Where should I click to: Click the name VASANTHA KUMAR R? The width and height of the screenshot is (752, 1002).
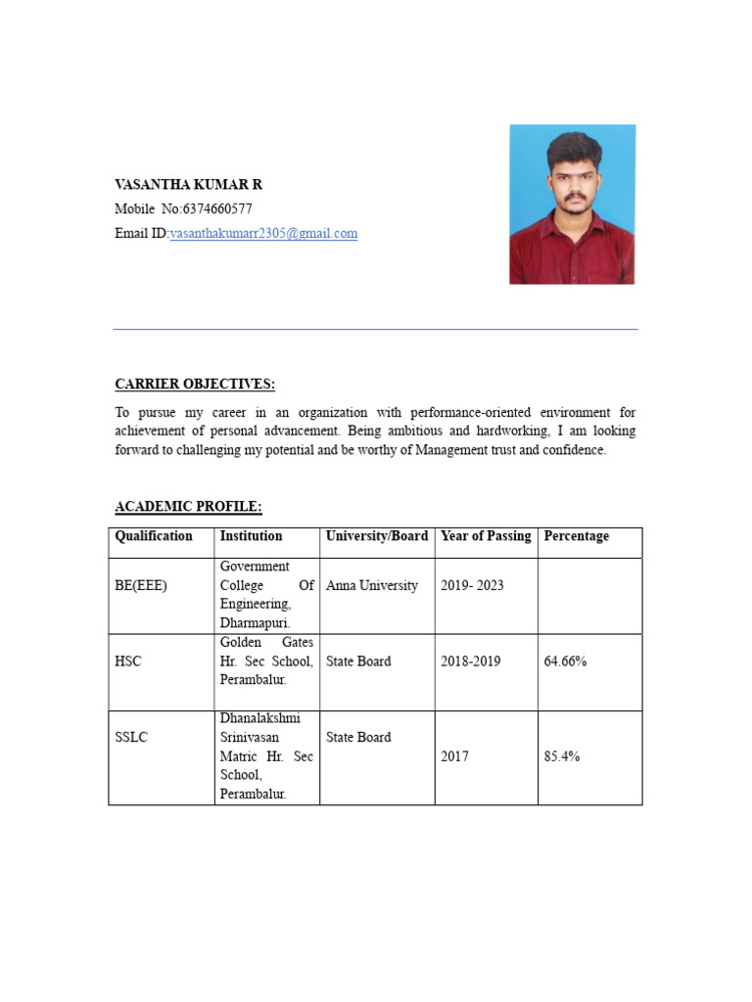point(188,184)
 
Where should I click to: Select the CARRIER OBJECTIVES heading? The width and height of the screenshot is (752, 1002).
point(195,384)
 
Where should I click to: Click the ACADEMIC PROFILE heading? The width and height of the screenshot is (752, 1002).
point(188,506)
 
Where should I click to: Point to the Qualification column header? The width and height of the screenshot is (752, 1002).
point(154,536)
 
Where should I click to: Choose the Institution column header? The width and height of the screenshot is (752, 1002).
point(251,536)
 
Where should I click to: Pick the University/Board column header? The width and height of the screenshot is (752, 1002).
point(376,536)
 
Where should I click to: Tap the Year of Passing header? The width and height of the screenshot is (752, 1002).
point(486,536)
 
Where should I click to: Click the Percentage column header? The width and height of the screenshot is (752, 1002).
point(576,536)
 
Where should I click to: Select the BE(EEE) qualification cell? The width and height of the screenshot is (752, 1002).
point(141,585)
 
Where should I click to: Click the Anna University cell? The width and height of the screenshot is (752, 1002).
point(371,585)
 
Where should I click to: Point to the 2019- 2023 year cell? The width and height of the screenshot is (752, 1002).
point(472,585)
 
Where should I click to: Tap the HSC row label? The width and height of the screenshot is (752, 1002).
point(128,661)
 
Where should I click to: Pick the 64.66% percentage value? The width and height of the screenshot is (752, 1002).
point(565,661)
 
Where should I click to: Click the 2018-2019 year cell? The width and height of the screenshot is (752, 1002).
point(470,661)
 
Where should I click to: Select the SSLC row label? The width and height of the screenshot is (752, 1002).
point(131,737)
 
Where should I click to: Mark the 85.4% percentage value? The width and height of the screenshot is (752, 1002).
point(562,756)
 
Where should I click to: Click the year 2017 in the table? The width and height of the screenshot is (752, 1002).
point(454,756)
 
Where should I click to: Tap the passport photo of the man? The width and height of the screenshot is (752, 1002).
point(572,204)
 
